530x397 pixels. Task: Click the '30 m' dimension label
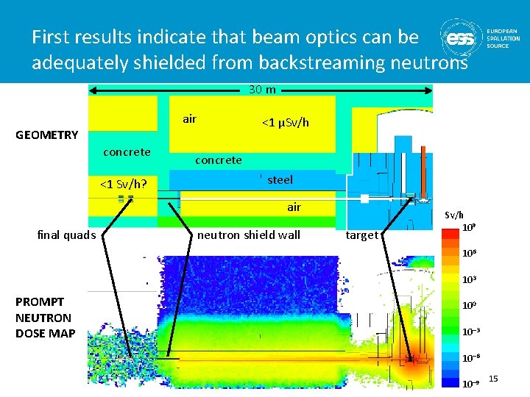tap(262, 90)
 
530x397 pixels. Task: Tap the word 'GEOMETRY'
tap(47, 135)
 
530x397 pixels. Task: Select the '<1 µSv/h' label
tap(286, 122)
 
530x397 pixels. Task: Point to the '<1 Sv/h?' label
tap(121, 184)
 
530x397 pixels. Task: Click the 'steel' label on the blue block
tap(280, 179)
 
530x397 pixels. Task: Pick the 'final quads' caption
tap(66, 235)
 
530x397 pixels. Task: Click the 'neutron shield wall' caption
tap(249, 235)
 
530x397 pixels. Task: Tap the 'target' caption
tap(361, 235)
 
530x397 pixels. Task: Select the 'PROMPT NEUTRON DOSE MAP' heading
tap(43, 318)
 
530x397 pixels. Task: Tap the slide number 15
tap(493, 379)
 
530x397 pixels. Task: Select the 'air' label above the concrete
tap(189, 119)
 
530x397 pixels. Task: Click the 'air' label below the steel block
tap(294, 207)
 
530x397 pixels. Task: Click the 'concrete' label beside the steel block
tap(218, 160)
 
